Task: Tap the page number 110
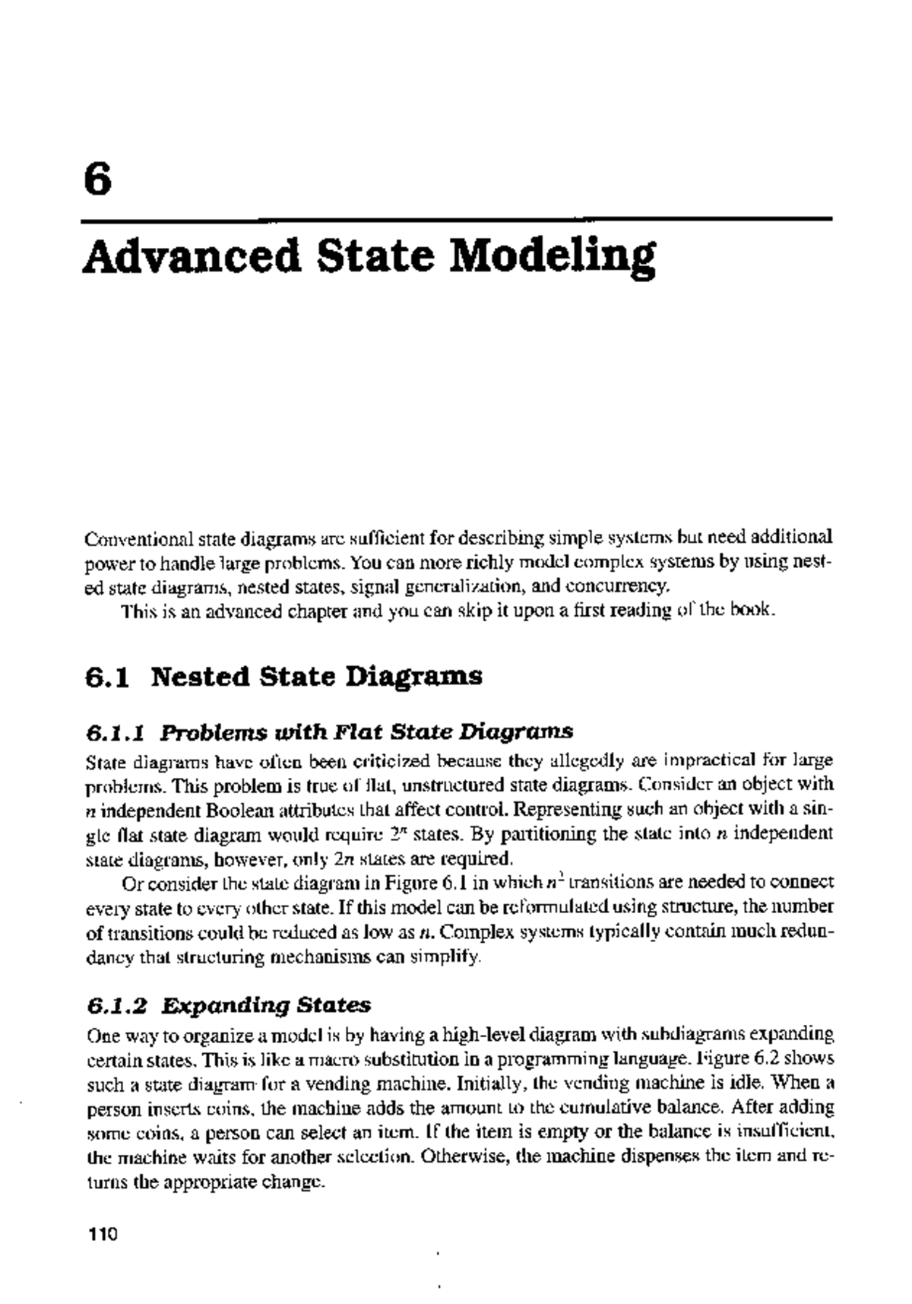100,1233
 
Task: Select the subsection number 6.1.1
115,733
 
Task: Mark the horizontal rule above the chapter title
456,221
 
